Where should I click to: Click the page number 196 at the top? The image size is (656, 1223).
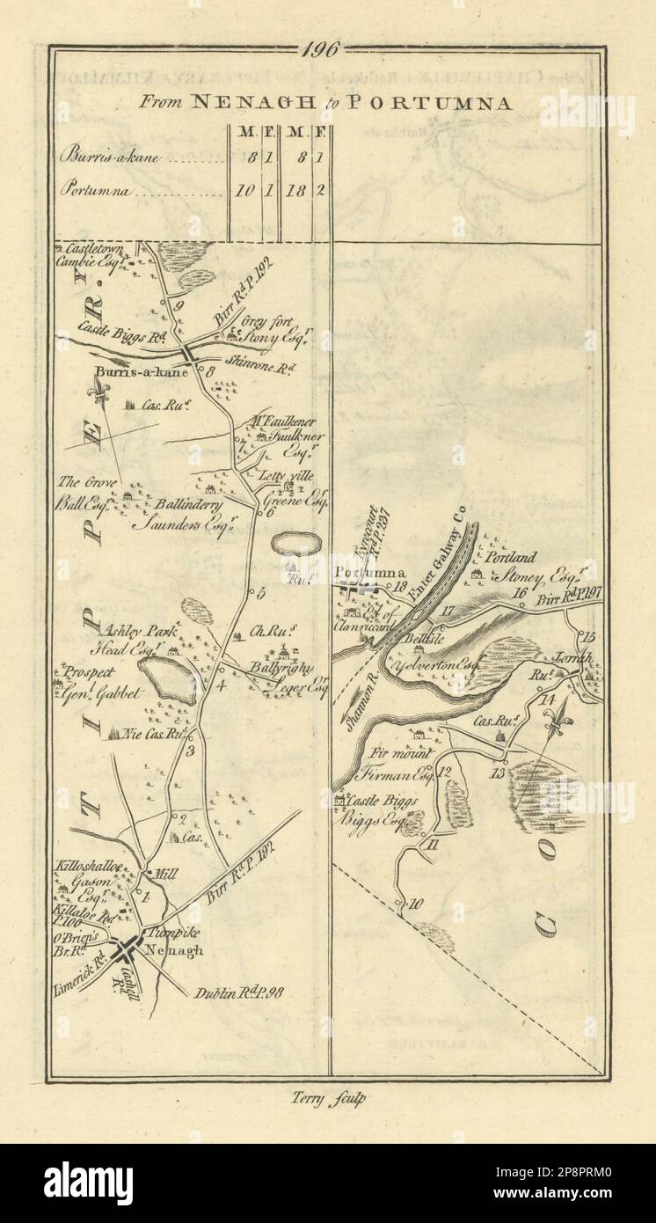point(321,50)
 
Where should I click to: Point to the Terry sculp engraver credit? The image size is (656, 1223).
point(325,1098)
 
